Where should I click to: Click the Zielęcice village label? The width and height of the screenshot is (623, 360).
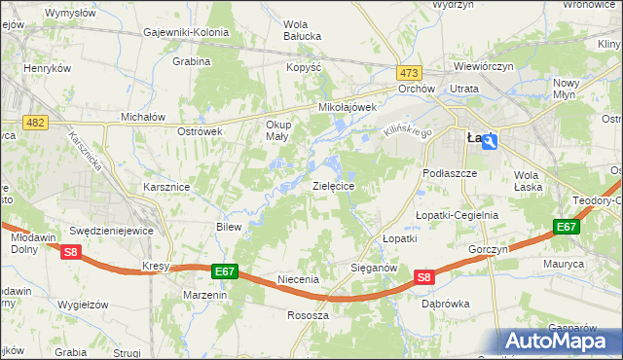pos(333,185)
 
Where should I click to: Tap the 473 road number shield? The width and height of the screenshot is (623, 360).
pos(409,73)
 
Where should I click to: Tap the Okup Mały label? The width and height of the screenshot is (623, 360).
pos(277,130)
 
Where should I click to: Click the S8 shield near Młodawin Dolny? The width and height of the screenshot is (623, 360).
pos(70,252)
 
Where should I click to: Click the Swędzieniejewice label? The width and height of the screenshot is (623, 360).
pos(112,232)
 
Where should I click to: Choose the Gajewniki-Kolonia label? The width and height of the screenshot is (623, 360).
pos(186,32)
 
